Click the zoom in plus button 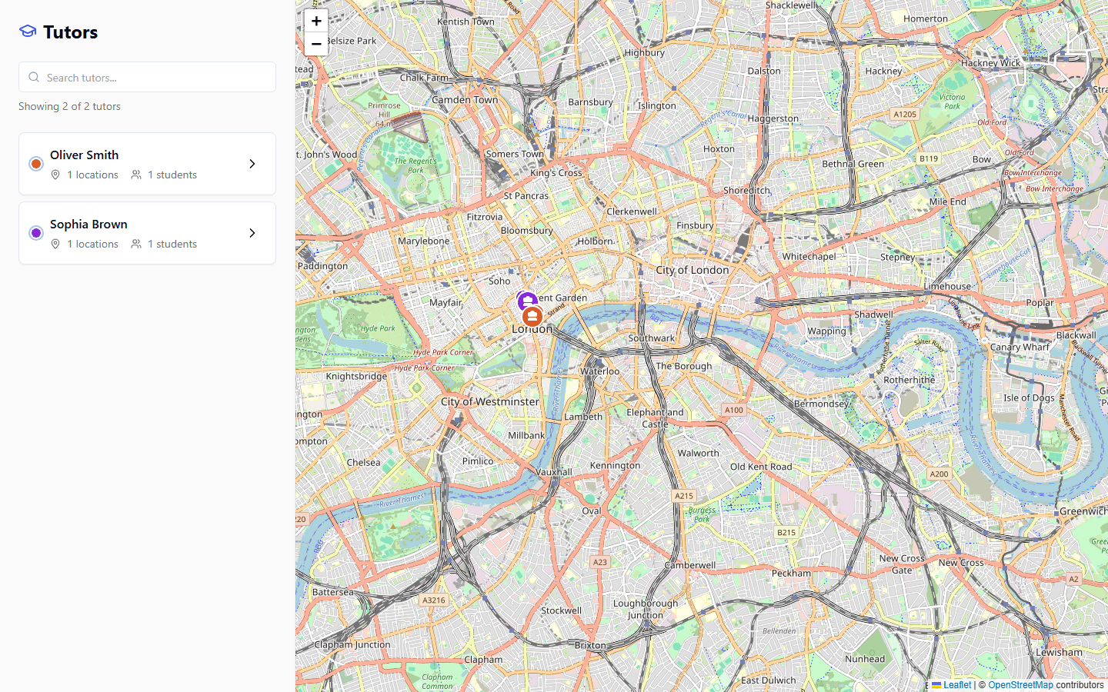coord(316,21)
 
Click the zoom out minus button coord(316,44)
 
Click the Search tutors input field coord(148,77)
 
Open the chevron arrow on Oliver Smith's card coord(252,164)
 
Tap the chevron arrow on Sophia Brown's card coord(252,233)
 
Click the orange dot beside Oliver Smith coord(36,164)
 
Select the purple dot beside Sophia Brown coord(36,233)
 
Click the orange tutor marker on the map coord(532,317)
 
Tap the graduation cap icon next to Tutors coord(28,32)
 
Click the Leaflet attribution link coord(956,685)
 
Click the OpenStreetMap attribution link coord(1020,685)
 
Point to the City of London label coord(692,270)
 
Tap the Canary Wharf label coord(1020,347)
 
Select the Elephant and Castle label coord(655,418)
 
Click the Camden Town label coord(465,100)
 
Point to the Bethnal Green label coord(853,164)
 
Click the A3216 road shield coord(434,600)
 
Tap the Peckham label coord(791,573)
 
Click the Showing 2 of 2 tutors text coord(69,106)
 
